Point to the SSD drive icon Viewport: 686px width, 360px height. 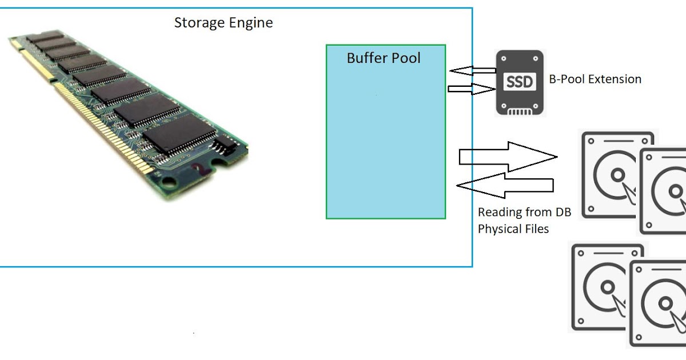520,82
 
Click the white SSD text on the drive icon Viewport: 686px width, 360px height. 520,82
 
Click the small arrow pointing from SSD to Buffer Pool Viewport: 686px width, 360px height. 472,71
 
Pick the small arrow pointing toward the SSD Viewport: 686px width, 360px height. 472,89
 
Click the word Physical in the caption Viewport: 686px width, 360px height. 501,229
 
